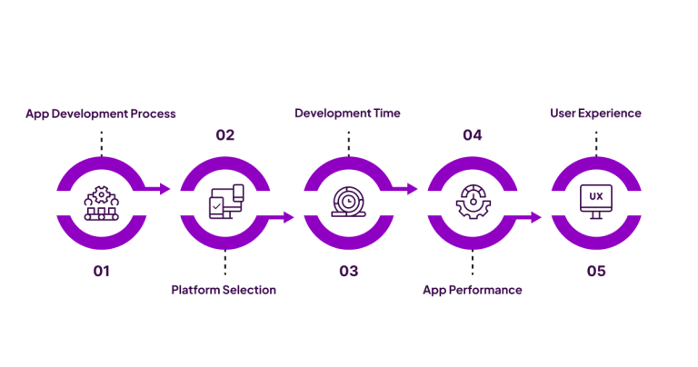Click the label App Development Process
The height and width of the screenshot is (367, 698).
coord(101,114)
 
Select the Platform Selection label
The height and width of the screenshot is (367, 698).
coord(224,290)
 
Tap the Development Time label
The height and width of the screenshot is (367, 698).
coord(347,114)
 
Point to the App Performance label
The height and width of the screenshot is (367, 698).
coord(473,290)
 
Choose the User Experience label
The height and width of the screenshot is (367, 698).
coord(595,114)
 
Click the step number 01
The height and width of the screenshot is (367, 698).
coord(101,271)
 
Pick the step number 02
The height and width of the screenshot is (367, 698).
coord(224,135)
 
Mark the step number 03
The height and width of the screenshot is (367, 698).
coord(348,271)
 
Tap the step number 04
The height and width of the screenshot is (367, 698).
coord(472,135)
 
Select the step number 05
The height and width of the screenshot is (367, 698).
coord(595,271)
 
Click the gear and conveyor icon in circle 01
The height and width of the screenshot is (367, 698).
coord(101,203)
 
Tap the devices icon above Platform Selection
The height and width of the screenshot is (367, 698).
coord(224,203)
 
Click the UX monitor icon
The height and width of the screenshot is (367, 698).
coord(595,202)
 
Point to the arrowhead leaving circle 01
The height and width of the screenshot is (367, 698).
coord(165,189)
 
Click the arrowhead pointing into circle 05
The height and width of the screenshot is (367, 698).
coord(535,217)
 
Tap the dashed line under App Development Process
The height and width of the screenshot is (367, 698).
coord(101,142)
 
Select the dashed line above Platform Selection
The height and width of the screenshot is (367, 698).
coord(224,264)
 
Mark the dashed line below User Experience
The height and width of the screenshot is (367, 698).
coord(595,142)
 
